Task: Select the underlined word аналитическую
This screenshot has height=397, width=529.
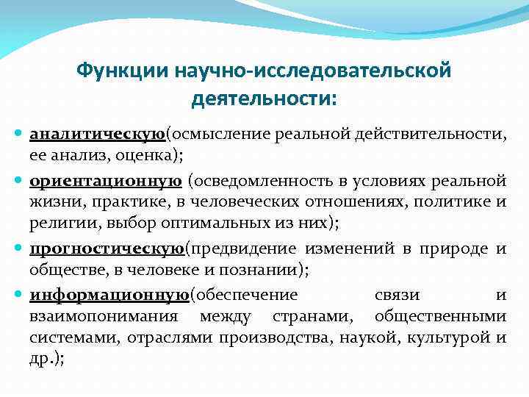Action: coord(97,135)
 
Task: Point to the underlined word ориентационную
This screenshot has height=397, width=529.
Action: coord(106,180)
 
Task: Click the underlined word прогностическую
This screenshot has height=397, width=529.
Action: coord(107,249)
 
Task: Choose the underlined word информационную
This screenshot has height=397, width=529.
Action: coord(109,295)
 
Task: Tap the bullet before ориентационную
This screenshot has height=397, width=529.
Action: coord(19,181)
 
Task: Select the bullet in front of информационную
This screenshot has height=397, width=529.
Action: coord(19,296)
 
